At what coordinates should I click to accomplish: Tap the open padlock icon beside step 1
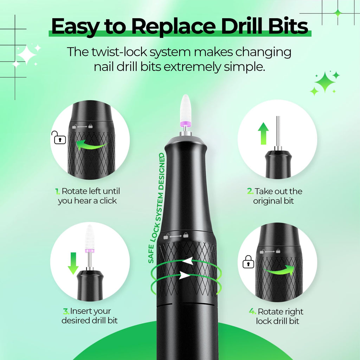(59, 137)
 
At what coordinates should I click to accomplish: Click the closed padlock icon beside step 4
(248, 262)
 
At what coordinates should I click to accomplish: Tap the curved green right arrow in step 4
(279, 270)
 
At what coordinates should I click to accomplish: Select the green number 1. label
(58, 192)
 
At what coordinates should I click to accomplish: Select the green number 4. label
(252, 311)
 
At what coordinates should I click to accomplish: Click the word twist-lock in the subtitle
(116, 52)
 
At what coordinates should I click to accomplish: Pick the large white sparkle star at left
(26, 54)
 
